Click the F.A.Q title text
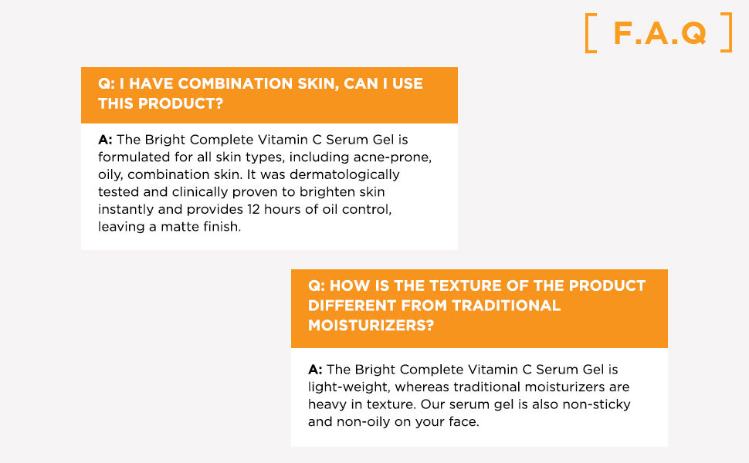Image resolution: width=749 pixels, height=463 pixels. pyautogui.click(x=659, y=33)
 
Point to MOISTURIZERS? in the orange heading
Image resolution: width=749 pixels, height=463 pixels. pyautogui.click(x=371, y=325)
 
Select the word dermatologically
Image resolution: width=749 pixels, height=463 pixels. pyautogui.click(x=344, y=174)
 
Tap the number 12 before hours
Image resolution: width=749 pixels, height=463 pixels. pyautogui.click(x=253, y=209)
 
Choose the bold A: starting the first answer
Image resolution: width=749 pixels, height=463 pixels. pyautogui.click(x=105, y=140)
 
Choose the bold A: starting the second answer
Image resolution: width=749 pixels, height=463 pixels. pyautogui.click(x=315, y=370)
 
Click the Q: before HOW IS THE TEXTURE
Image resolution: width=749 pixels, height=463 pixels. pyautogui.click(x=317, y=286)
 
